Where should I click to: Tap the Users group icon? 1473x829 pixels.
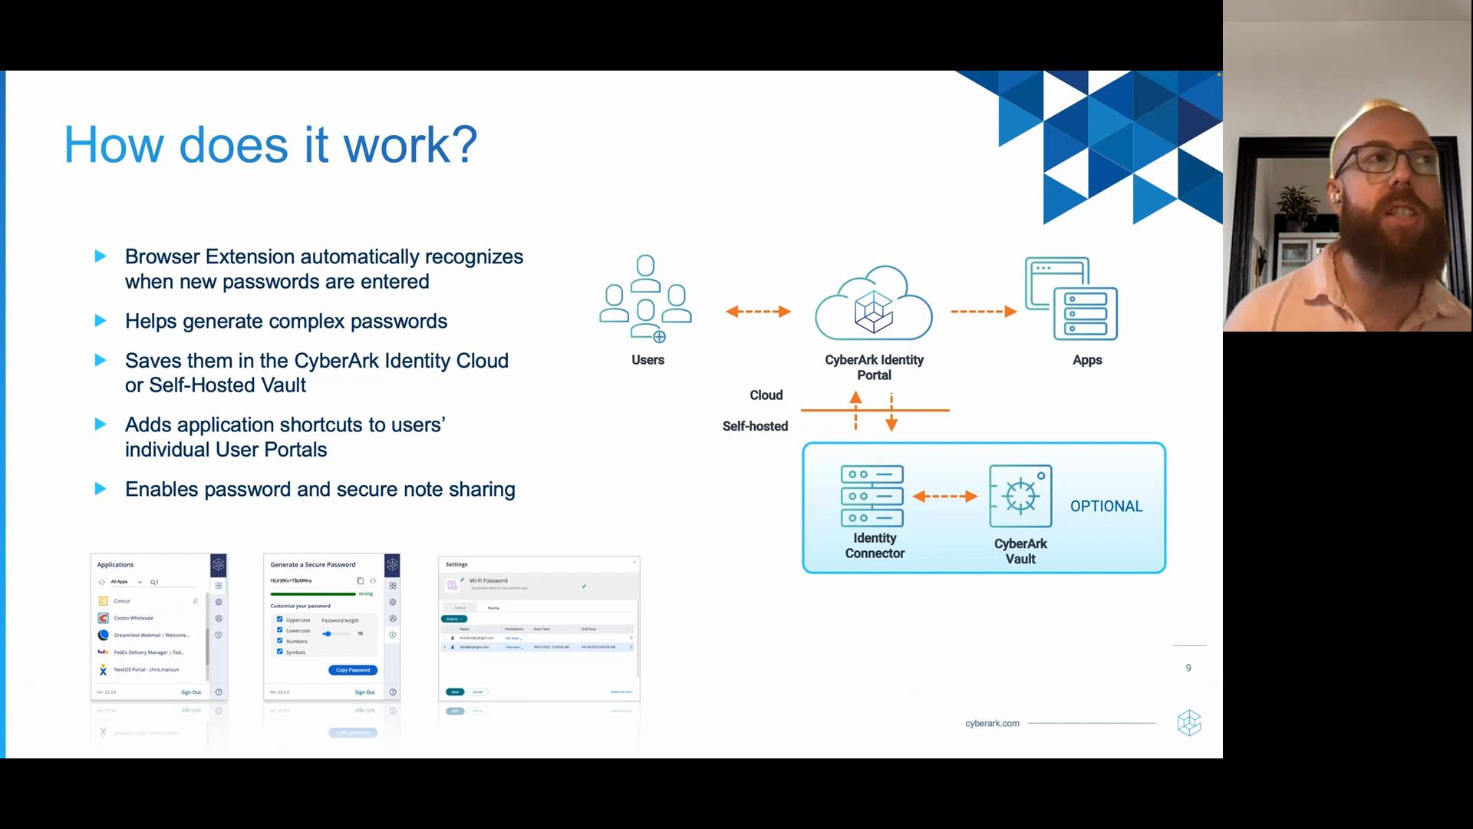(x=646, y=299)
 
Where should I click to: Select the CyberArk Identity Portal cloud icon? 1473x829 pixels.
(x=874, y=305)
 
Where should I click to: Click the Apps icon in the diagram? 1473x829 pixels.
(x=1072, y=299)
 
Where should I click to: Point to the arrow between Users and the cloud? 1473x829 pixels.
(x=758, y=312)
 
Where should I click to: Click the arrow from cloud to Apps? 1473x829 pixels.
(x=984, y=312)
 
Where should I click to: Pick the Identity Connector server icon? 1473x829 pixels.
(x=872, y=496)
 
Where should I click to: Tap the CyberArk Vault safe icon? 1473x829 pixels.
(x=1020, y=496)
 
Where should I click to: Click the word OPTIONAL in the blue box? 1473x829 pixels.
(x=1106, y=507)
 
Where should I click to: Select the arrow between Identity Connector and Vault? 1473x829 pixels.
(x=945, y=497)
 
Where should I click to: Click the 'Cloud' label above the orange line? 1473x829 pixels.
(x=766, y=395)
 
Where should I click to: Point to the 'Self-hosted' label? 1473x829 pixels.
(x=755, y=427)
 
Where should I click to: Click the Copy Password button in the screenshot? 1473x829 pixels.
(x=353, y=670)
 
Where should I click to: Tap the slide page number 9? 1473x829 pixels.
(x=1188, y=668)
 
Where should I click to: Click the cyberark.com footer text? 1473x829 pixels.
(x=992, y=724)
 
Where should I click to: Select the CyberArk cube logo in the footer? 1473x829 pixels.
(x=1189, y=723)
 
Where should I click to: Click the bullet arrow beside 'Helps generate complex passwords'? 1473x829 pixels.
(x=101, y=321)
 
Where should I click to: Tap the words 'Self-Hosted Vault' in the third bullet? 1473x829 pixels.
(x=227, y=385)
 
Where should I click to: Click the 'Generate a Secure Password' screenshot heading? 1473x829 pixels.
(x=313, y=565)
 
